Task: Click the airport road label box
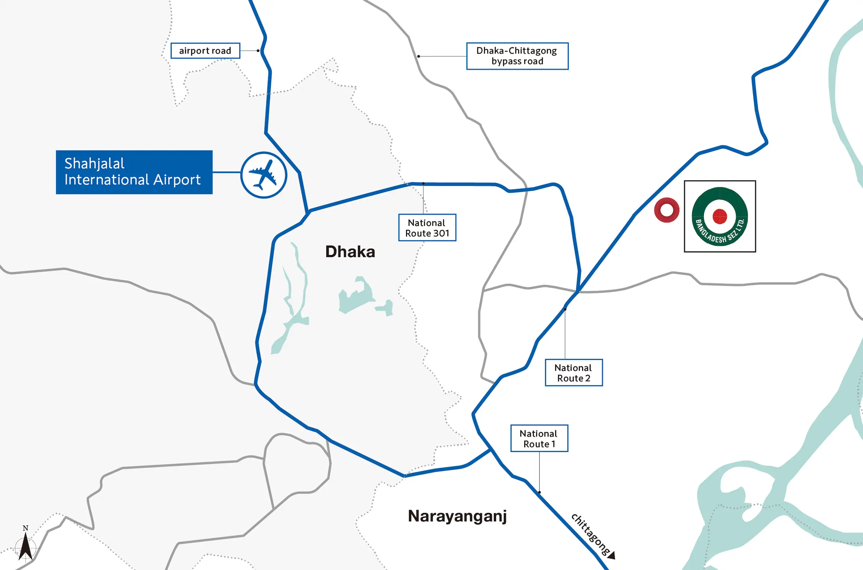pyautogui.click(x=205, y=50)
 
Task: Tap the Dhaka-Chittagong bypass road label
pyautogui.click(x=517, y=56)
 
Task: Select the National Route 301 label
pyautogui.click(x=427, y=227)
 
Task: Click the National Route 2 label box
pyautogui.click(x=574, y=372)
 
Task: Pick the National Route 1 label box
pyautogui.click(x=539, y=438)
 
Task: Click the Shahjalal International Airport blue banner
pyautogui.click(x=134, y=172)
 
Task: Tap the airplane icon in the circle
pyautogui.click(x=264, y=175)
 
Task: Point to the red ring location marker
pyautogui.click(x=667, y=210)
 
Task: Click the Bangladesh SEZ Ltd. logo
pyautogui.click(x=720, y=216)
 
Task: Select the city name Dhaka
pyautogui.click(x=350, y=252)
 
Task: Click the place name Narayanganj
pyautogui.click(x=457, y=516)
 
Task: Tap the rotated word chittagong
pyautogui.click(x=590, y=534)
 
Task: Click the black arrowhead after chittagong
pyautogui.click(x=612, y=555)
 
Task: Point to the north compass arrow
pyautogui.click(x=26, y=546)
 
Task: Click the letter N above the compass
pyautogui.click(x=26, y=528)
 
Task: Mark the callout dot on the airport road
pyautogui.click(x=258, y=50)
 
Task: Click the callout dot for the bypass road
pyautogui.click(x=419, y=56)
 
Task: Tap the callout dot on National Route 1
pyautogui.click(x=539, y=492)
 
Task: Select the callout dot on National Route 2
pyautogui.click(x=565, y=309)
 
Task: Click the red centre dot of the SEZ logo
pyautogui.click(x=720, y=216)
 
